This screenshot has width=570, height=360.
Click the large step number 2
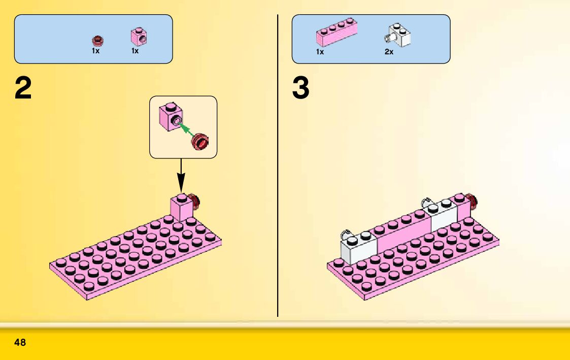(x=23, y=89)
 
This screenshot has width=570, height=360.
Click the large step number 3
(x=300, y=89)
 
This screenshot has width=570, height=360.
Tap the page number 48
(x=20, y=343)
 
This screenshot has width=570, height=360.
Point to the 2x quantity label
(x=389, y=52)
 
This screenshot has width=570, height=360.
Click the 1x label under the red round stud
(x=95, y=51)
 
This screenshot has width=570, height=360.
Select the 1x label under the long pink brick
(x=320, y=52)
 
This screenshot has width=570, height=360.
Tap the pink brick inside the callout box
(x=170, y=116)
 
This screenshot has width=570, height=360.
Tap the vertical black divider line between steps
(x=278, y=203)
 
